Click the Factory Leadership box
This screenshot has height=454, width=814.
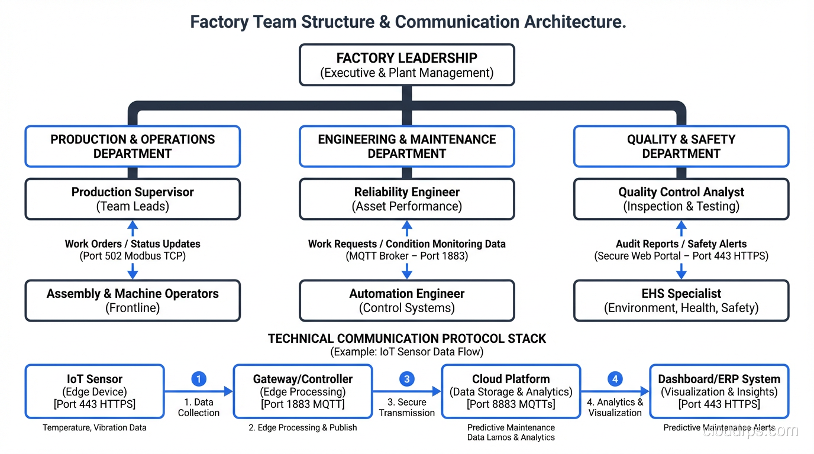click(x=406, y=65)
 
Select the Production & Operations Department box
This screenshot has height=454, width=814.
click(x=133, y=146)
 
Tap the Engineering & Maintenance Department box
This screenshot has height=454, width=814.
click(x=406, y=146)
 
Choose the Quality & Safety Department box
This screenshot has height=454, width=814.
click(x=681, y=146)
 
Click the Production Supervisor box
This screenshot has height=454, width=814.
click(x=133, y=199)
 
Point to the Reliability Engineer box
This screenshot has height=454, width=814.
click(x=406, y=199)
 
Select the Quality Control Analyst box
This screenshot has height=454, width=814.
click(x=681, y=199)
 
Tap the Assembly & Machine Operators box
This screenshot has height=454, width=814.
click(x=133, y=300)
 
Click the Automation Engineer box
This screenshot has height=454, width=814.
click(x=406, y=300)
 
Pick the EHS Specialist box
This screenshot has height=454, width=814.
click(x=681, y=300)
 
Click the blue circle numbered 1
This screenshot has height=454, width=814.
click(x=199, y=379)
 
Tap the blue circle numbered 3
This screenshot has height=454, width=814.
click(x=406, y=379)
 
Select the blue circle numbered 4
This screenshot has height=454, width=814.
click(x=615, y=379)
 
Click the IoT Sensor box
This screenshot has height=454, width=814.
click(x=95, y=391)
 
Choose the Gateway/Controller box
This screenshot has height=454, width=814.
click(x=303, y=391)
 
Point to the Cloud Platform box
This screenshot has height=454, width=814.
click(x=511, y=391)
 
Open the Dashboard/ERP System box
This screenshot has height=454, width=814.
click(x=719, y=391)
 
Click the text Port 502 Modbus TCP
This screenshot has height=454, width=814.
click(x=133, y=257)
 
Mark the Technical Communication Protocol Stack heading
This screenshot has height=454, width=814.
click(x=407, y=339)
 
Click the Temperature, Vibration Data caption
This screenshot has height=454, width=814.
click(x=95, y=427)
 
